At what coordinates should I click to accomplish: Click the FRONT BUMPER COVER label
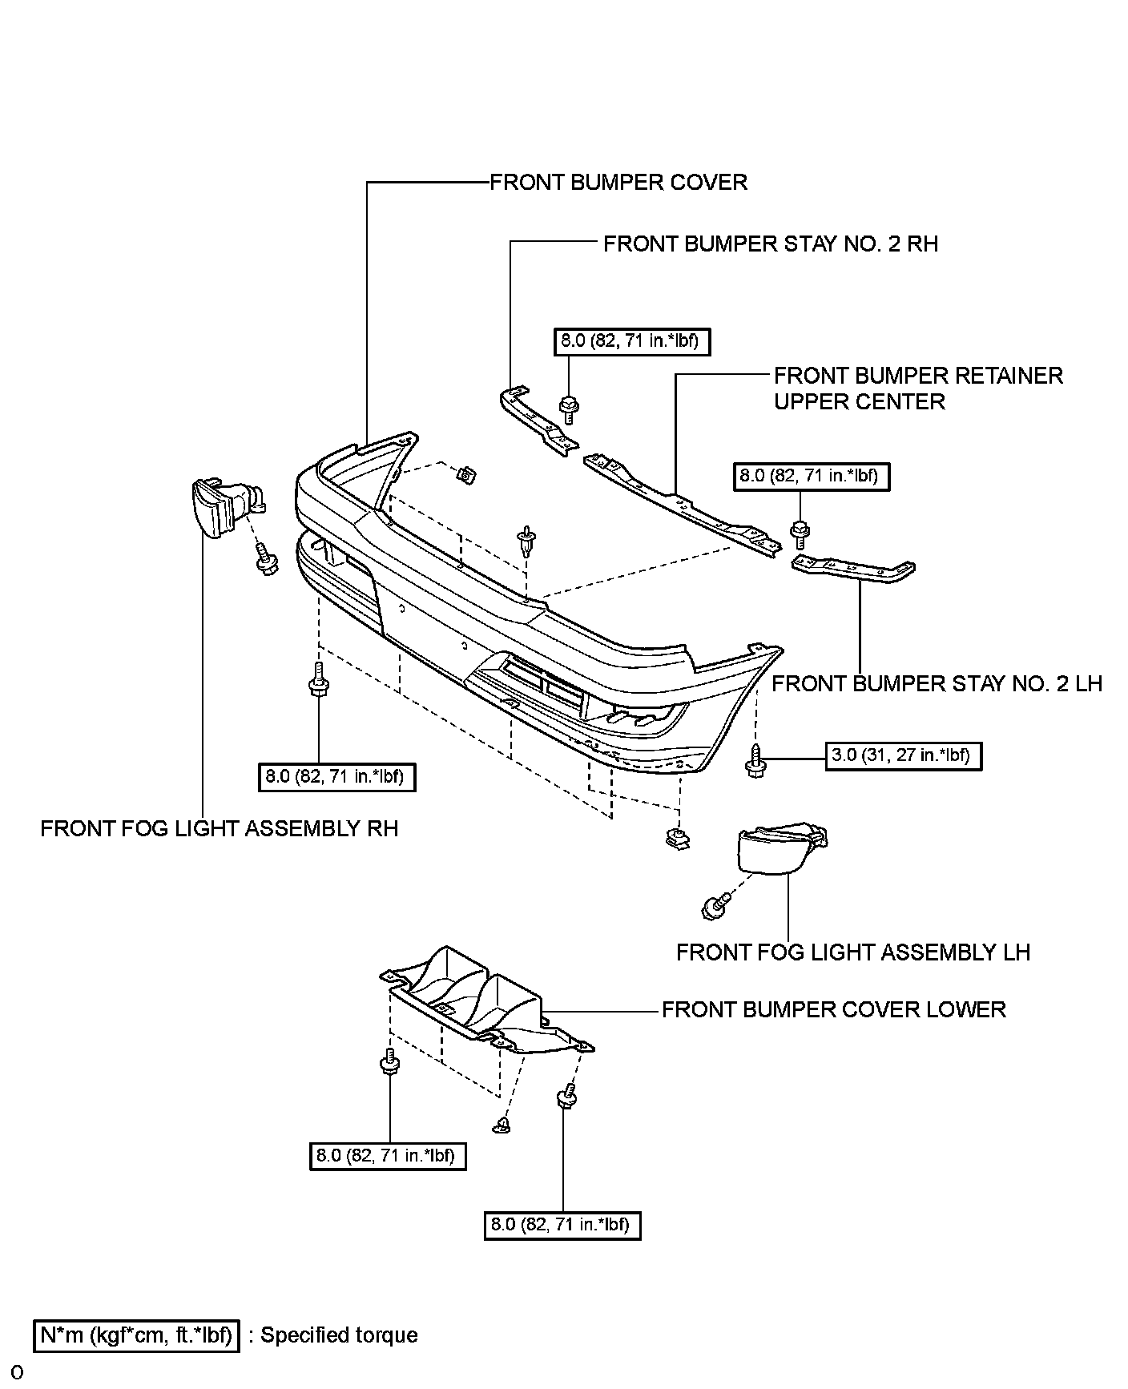[618, 183]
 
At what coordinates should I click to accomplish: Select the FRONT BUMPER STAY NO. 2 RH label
[770, 244]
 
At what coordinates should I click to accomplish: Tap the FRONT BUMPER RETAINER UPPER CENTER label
[917, 389]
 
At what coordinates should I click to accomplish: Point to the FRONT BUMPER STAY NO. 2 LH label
[937, 684]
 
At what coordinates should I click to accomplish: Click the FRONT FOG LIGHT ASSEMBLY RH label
[219, 828]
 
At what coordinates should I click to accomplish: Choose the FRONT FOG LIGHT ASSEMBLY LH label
[852, 952]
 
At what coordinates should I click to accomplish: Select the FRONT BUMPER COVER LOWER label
[833, 1009]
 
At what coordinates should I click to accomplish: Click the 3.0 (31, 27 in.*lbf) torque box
[903, 755]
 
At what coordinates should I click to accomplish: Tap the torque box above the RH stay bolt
[631, 341]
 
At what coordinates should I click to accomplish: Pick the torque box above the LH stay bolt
[811, 476]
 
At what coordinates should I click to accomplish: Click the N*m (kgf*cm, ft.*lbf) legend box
[136, 1335]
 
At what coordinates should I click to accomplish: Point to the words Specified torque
[339, 1335]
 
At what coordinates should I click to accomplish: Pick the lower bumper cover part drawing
[481, 1001]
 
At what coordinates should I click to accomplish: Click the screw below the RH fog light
[265, 559]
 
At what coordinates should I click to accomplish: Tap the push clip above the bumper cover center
[527, 542]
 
